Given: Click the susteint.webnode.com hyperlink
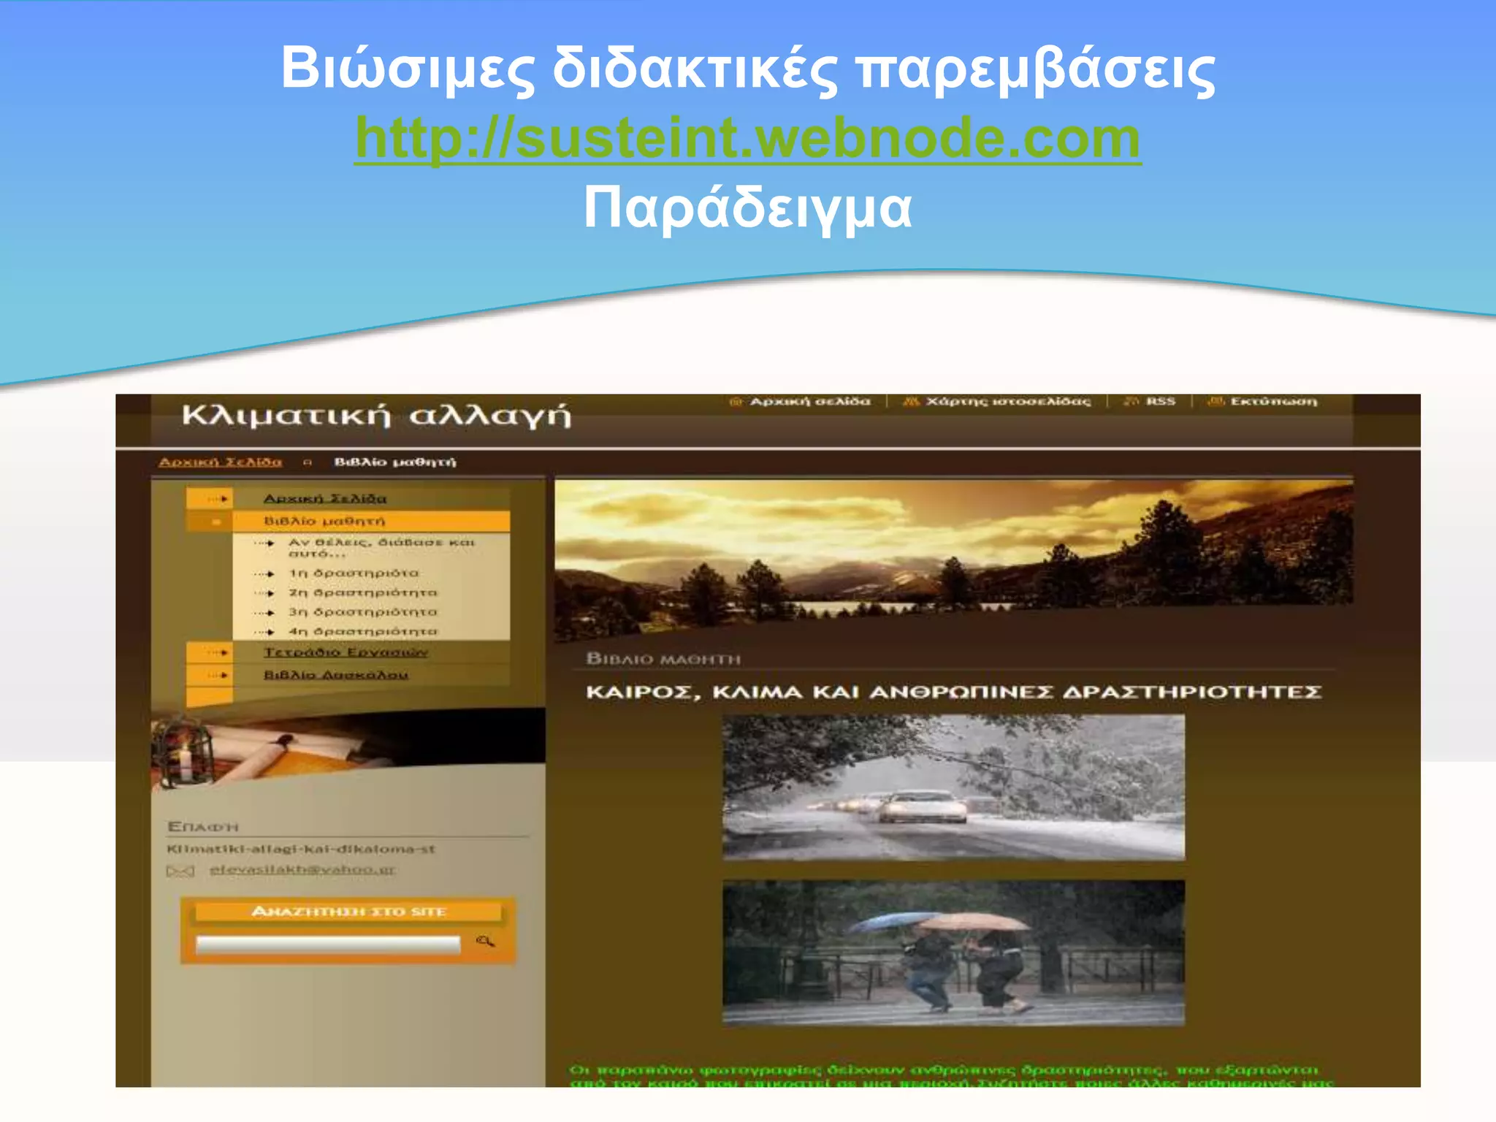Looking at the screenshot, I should [x=747, y=139].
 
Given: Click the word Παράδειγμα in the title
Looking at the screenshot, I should [x=747, y=208].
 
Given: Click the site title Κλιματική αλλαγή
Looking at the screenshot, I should [x=376, y=416].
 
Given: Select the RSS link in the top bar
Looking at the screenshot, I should [x=1160, y=402].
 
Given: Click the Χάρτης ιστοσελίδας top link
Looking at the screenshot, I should [x=1007, y=402].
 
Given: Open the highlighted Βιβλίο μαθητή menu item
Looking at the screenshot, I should [x=324, y=521].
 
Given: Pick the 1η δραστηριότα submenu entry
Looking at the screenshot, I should [x=354, y=573].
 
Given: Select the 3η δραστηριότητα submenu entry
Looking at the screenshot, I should [x=362, y=612].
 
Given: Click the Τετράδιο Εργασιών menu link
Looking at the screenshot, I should [x=346, y=652].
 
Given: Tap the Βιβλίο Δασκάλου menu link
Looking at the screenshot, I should [x=336, y=675].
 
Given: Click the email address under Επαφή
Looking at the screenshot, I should [x=302, y=870].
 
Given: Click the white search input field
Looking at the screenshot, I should [x=328, y=944].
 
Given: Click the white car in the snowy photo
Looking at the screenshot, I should [x=922, y=807].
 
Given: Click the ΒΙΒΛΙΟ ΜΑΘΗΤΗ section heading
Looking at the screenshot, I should [x=663, y=660].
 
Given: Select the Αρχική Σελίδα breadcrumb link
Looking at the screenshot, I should [x=220, y=462].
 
